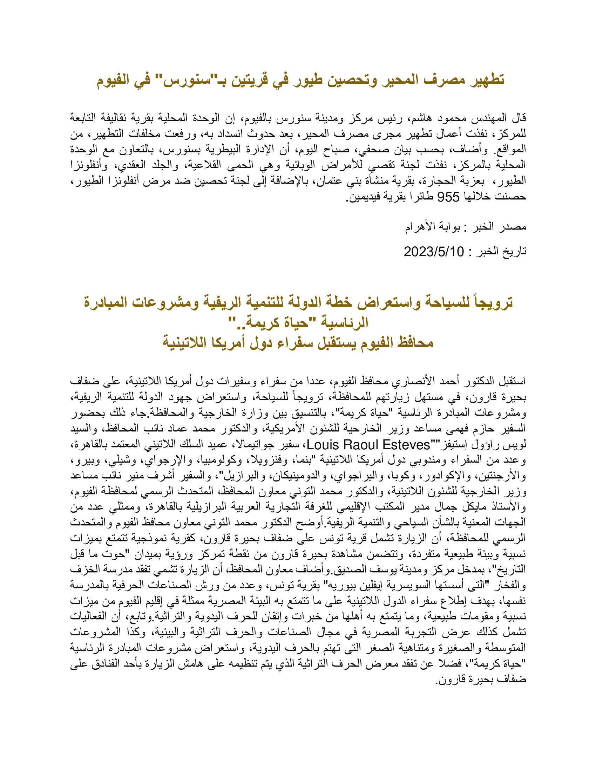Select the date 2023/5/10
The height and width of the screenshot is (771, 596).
click(434, 252)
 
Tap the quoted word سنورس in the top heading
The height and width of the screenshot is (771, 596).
click(184, 80)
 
